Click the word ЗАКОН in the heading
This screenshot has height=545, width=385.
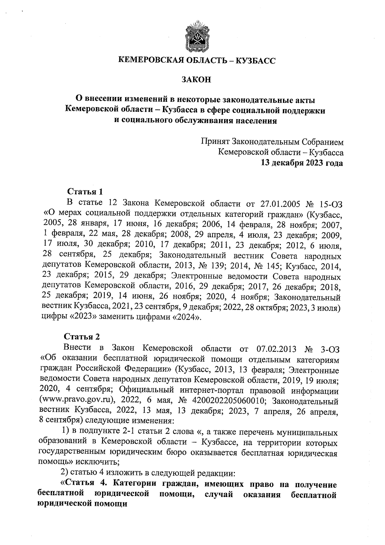(196, 79)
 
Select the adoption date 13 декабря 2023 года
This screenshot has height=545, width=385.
(302, 163)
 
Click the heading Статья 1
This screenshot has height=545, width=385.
(85, 191)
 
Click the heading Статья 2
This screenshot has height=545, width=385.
(82, 337)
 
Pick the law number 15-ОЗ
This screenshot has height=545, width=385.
(329, 203)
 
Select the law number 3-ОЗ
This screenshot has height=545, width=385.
(329, 348)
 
